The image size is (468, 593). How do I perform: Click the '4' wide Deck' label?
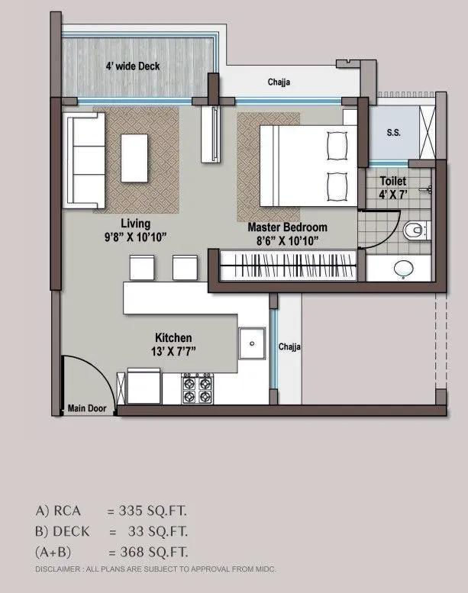[132, 66]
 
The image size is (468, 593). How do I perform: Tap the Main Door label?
[86, 407]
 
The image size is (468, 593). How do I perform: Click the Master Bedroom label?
[287, 227]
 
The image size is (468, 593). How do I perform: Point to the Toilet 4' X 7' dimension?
[392, 195]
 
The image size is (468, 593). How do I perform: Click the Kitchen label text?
[173, 337]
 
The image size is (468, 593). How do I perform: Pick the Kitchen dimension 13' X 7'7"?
[173, 351]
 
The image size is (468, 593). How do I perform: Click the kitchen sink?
[251, 343]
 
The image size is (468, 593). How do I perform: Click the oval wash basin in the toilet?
[402, 268]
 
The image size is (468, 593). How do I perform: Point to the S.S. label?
[393, 132]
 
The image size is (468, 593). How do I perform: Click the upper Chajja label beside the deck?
[278, 82]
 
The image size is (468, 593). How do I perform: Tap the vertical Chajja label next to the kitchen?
[289, 346]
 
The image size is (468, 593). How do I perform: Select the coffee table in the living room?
[136, 157]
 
